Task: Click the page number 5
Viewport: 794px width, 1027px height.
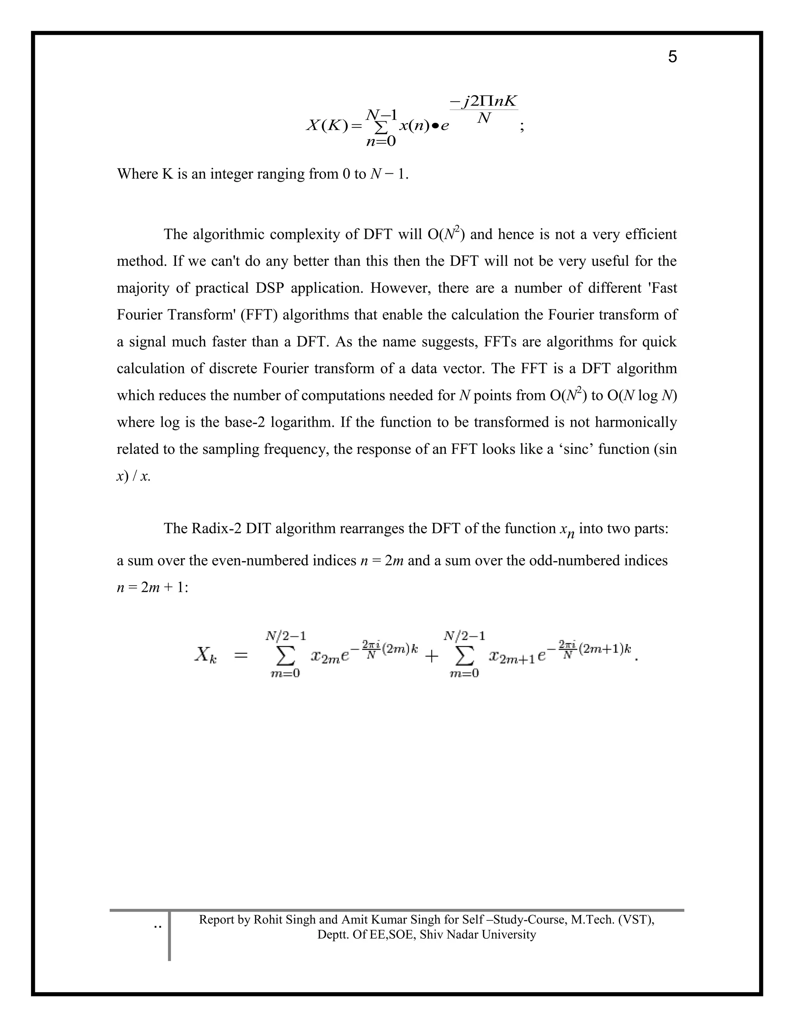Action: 672,57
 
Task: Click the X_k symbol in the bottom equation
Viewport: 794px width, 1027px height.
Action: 205,655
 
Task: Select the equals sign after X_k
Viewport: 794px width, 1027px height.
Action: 240,655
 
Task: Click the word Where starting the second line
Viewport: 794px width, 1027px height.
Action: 137,174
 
